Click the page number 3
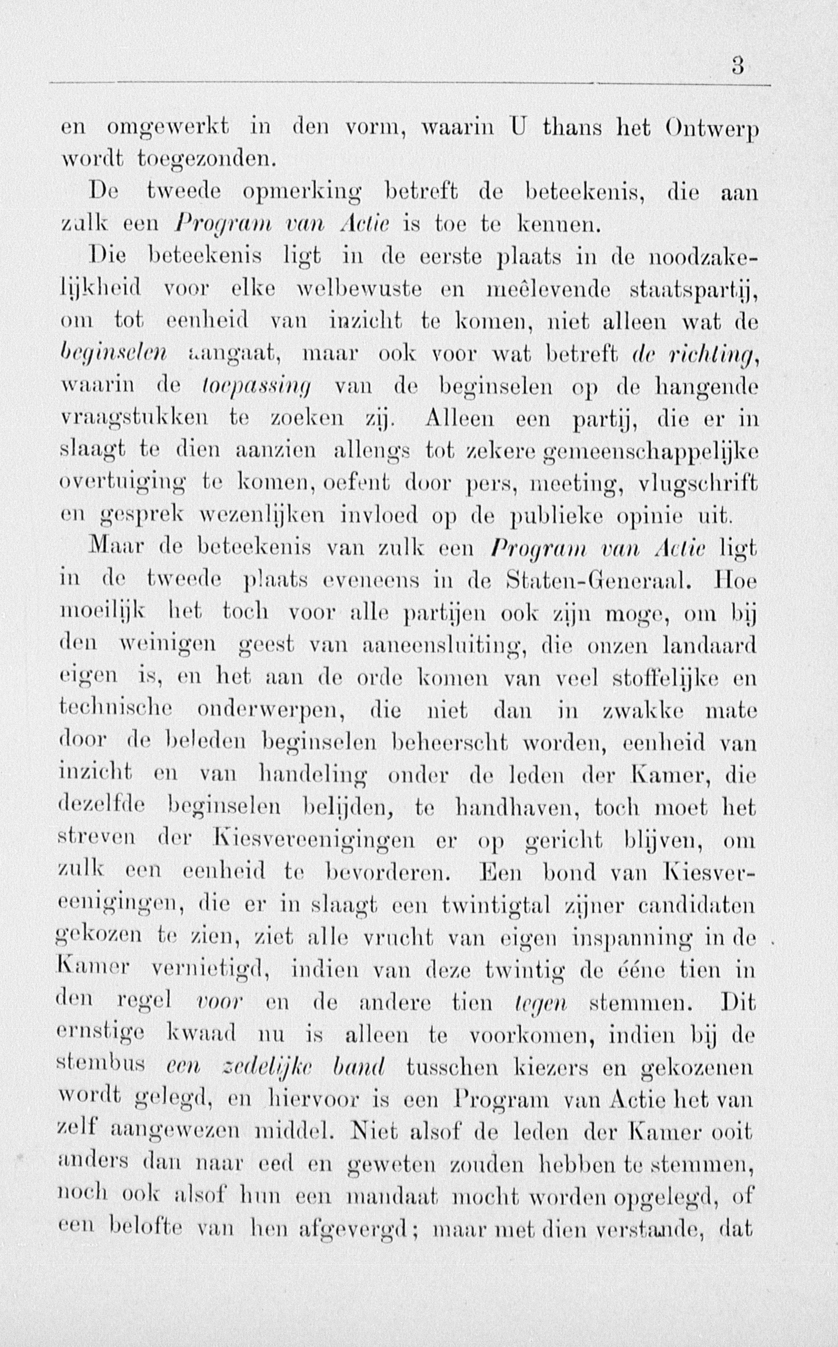tap(737, 67)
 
